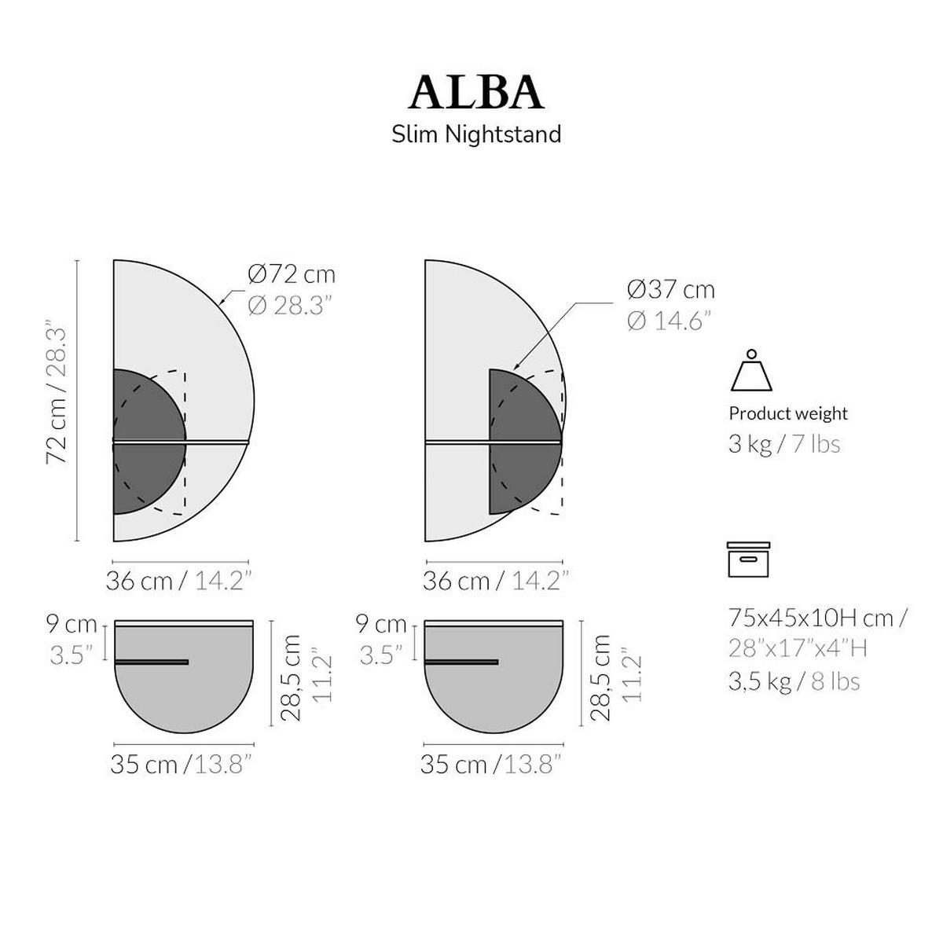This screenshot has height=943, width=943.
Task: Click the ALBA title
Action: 475,93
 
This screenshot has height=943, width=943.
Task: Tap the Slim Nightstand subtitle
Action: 476,134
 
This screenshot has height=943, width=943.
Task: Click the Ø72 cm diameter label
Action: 292,274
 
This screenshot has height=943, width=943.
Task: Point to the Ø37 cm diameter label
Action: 671,290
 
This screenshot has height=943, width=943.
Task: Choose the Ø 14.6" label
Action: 669,321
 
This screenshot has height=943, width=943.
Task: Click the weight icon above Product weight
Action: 751,370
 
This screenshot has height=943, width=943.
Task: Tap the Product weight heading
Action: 788,413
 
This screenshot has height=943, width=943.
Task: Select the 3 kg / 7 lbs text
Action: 784,444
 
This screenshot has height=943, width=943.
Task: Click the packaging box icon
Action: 748,560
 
